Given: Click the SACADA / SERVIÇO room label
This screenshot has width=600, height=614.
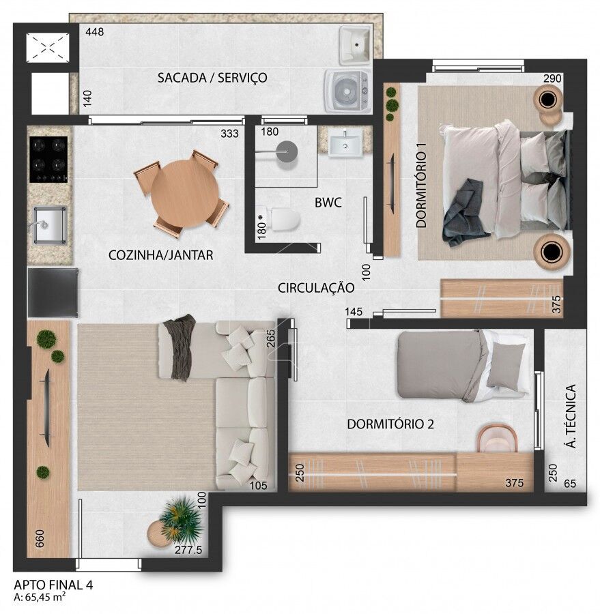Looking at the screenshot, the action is (x=212, y=78).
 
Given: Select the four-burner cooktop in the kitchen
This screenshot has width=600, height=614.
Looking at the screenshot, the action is (x=48, y=159).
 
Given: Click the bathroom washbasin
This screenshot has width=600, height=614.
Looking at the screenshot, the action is (x=345, y=143).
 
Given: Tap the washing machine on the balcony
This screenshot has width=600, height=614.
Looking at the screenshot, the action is (x=347, y=91).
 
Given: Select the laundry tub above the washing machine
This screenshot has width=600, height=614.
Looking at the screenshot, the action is (x=355, y=45).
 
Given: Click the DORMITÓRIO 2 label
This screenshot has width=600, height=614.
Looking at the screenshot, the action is (x=390, y=424).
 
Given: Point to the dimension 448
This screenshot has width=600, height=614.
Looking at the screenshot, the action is (x=95, y=31).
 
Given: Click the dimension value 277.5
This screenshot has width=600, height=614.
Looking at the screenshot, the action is (x=188, y=550).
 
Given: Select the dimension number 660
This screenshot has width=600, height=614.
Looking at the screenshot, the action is (x=40, y=539).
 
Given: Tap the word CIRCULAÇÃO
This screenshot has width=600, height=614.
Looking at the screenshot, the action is (x=316, y=288).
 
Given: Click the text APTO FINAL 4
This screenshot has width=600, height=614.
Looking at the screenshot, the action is (x=54, y=585).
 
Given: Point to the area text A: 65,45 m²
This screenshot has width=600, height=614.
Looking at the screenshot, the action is (x=40, y=597).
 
